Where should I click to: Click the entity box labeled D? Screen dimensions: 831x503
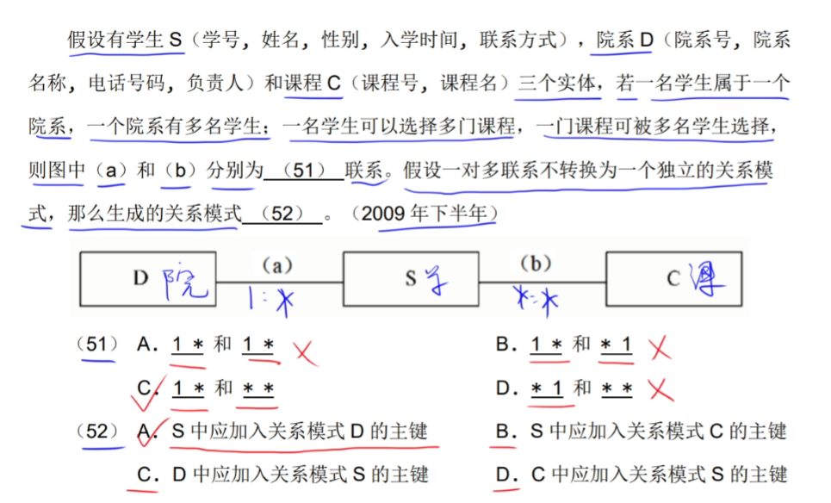(x=147, y=278)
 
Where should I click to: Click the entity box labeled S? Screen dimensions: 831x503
(x=411, y=278)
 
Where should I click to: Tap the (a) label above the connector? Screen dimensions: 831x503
(x=276, y=265)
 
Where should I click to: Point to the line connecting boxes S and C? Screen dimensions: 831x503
(x=543, y=280)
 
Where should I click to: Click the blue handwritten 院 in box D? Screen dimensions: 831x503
(x=185, y=281)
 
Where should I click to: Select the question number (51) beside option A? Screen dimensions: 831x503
(x=96, y=345)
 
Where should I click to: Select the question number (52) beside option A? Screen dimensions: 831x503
(x=96, y=431)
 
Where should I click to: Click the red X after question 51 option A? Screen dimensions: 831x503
(x=304, y=351)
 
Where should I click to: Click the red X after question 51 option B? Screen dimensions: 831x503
(x=660, y=347)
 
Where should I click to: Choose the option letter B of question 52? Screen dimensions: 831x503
(x=505, y=431)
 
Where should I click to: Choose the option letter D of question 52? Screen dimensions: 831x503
(x=505, y=474)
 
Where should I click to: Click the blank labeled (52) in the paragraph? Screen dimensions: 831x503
(x=282, y=213)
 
